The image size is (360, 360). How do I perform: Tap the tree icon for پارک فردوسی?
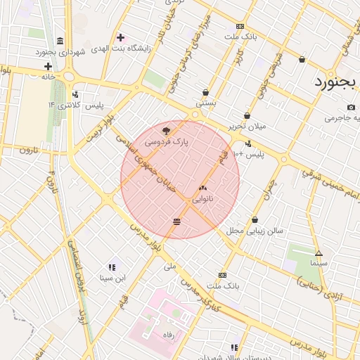[166, 130]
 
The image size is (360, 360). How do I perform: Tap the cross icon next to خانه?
[48, 66]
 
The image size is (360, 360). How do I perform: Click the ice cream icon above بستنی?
[205, 92]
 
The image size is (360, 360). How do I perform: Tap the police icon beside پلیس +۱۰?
[248, 143]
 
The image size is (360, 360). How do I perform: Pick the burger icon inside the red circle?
[176, 221]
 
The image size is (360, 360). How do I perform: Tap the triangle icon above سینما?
[319, 252]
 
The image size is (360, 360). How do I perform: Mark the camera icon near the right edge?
[351, 107]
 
